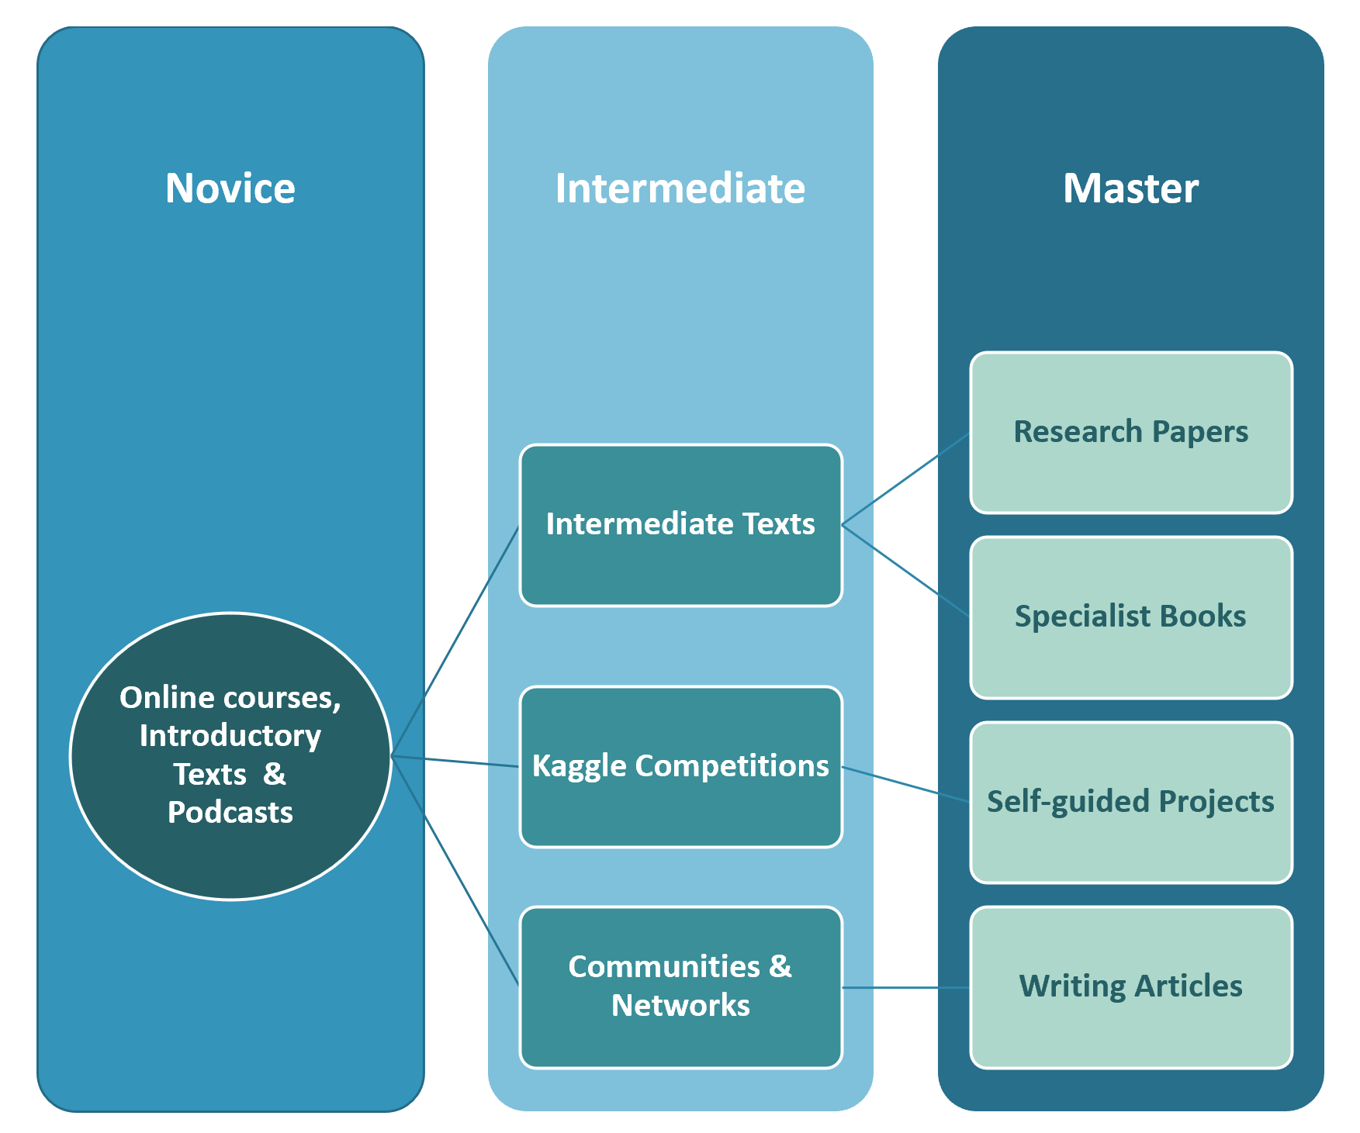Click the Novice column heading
tap(230, 188)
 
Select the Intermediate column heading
tap(680, 188)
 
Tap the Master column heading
tap(1130, 188)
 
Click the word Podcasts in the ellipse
tap(230, 812)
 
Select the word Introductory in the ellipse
tap(230, 735)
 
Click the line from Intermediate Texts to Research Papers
tap(906, 479)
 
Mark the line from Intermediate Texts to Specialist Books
tap(906, 571)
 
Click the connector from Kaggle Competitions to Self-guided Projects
tap(906, 784)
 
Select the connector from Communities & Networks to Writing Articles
tap(906, 987)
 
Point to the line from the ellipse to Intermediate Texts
tap(455, 641)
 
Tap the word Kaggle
tap(579, 766)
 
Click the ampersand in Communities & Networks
tap(780, 966)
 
